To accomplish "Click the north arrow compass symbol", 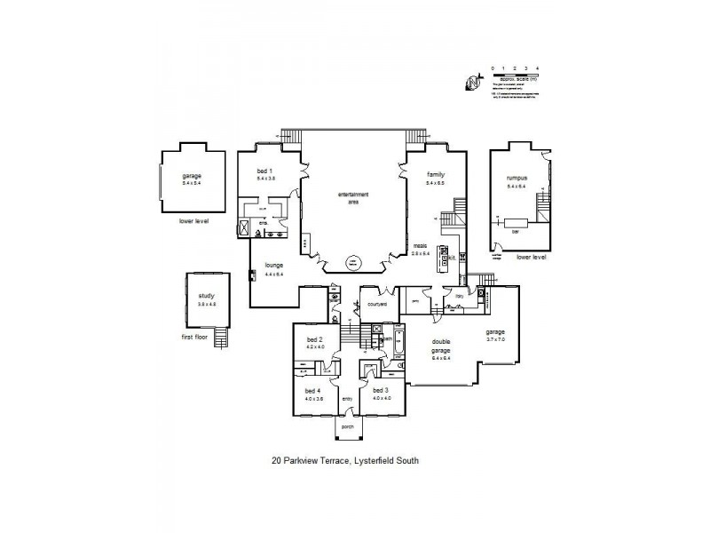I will pos(470,83).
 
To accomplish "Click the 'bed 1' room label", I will pos(264,171).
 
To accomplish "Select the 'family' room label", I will pos(435,175).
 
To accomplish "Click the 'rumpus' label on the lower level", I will pos(516,179).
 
